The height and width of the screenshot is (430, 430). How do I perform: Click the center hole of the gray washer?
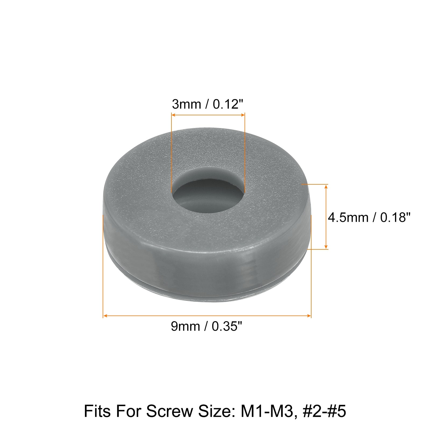208,192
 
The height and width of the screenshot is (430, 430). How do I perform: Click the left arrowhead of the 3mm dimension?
174,115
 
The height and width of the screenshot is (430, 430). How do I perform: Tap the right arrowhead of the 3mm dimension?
243,115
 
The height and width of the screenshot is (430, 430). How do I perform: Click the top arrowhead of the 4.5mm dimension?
326,187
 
